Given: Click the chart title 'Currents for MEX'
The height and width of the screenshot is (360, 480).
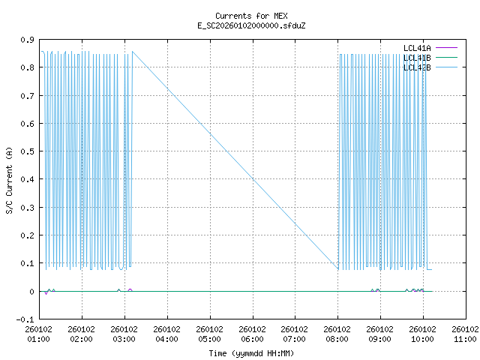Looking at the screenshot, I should point(251,16).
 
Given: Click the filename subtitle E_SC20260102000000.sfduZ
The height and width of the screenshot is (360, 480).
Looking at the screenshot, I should point(251,25).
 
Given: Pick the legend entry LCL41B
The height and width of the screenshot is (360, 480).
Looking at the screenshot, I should point(417,58).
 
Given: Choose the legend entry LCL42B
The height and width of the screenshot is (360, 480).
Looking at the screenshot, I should point(417,67).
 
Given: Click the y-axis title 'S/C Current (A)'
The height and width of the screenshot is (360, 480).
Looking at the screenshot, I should point(10,179).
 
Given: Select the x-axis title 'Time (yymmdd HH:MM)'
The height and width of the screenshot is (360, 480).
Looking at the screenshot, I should point(251,352).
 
